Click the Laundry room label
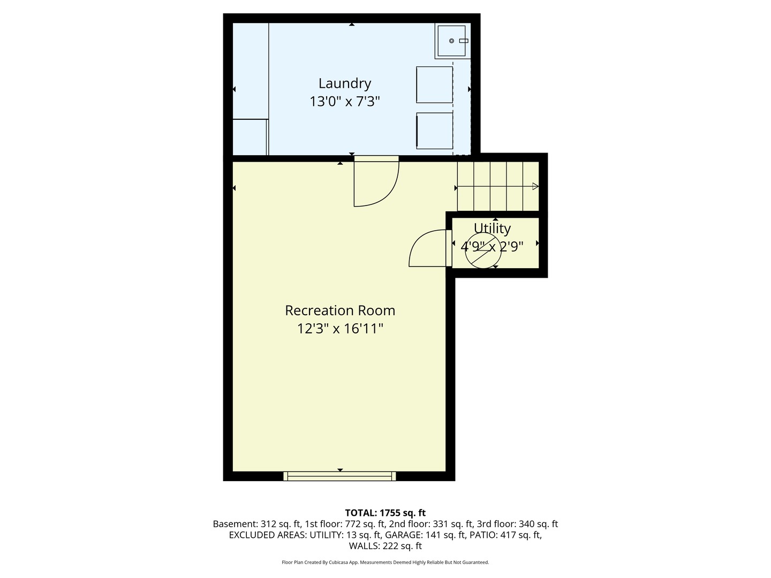344,83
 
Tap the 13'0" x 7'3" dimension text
344,101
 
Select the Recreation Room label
340,310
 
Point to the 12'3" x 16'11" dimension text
340,328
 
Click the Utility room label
492,228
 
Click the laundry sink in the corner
452,41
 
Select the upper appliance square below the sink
434,85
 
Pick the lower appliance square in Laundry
434,131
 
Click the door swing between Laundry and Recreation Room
376,182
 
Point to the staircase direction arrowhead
535,186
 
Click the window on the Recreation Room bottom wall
339,476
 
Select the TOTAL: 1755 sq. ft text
385,513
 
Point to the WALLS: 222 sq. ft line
385,546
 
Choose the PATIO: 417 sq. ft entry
505,535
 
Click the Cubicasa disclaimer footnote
385,562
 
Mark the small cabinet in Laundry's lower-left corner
250,137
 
